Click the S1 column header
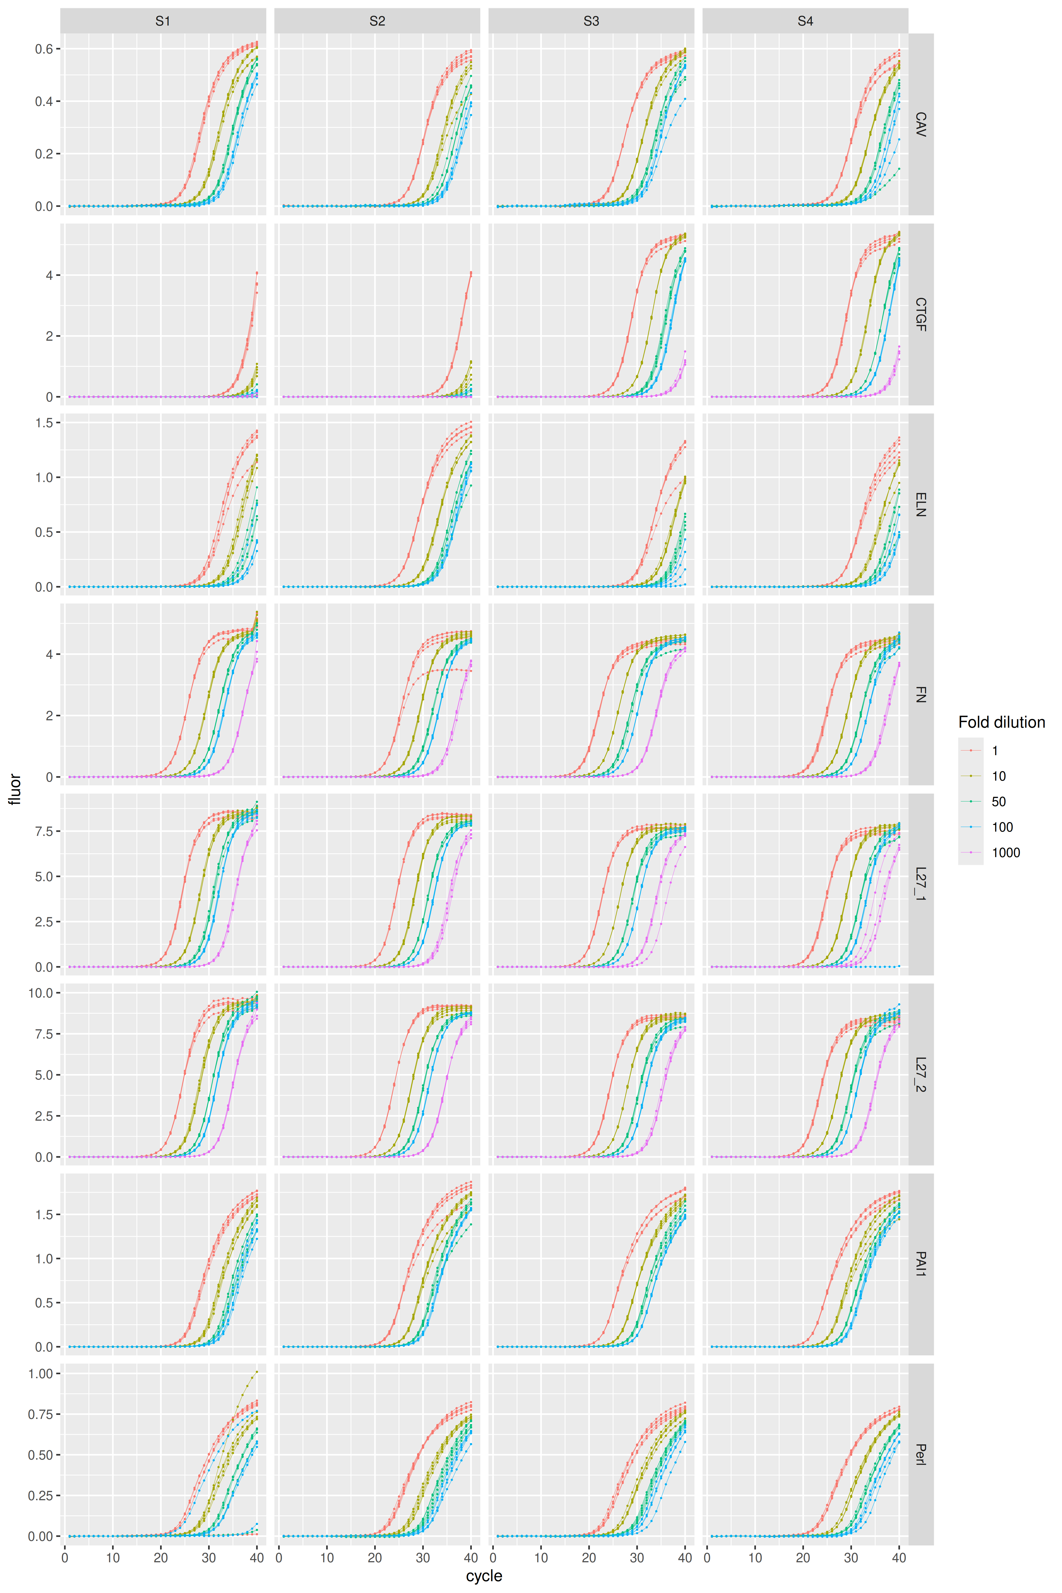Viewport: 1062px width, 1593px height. [162, 21]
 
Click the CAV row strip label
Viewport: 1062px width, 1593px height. [920, 125]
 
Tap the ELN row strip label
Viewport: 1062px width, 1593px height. [920, 505]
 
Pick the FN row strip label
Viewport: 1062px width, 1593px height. [920, 694]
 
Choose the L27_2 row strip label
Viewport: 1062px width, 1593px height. [920, 1074]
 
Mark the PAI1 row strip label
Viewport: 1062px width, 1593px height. [920, 1264]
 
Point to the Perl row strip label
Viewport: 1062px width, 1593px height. [920, 1454]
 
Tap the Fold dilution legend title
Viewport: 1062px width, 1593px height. [1001, 723]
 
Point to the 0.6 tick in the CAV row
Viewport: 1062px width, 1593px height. [45, 49]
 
